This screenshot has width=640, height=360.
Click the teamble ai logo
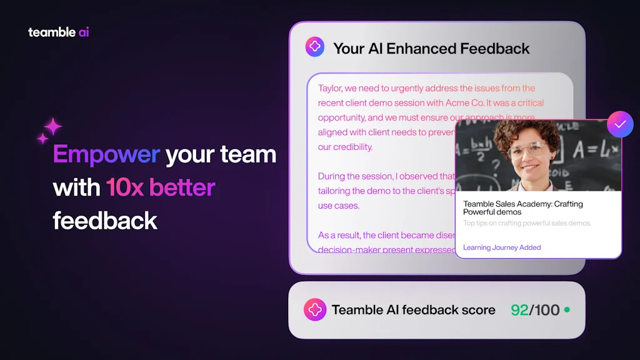click(x=59, y=32)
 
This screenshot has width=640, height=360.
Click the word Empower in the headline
click(x=106, y=154)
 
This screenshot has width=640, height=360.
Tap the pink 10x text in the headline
click(x=125, y=187)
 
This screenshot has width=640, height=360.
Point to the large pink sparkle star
click(x=52, y=127)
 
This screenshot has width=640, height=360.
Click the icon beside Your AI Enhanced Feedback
click(x=314, y=47)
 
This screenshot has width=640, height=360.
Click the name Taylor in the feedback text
click(x=331, y=88)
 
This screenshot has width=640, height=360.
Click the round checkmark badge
click(x=620, y=124)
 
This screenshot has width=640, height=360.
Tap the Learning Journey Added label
click(x=502, y=247)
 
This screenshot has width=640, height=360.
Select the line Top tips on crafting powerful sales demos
click(x=527, y=223)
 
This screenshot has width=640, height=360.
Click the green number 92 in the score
click(x=519, y=310)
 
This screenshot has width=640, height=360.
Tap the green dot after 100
click(x=567, y=309)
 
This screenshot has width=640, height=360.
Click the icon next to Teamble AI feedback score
click(x=314, y=309)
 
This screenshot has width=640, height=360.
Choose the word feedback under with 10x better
click(x=105, y=220)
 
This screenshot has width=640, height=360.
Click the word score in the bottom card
click(x=478, y=310)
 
